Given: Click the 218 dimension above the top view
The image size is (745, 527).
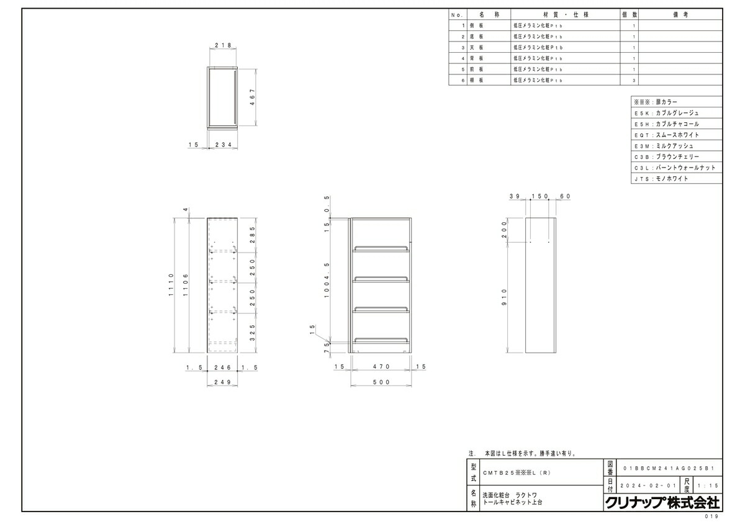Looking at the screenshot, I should tap(223, 45).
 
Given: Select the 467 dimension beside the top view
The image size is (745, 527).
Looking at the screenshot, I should tap(253, 97).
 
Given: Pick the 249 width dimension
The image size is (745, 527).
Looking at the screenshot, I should tap(223, 382).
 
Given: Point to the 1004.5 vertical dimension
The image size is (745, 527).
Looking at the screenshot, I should tap(327, 281).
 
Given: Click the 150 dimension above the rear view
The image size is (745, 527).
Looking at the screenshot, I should tap(540, 196).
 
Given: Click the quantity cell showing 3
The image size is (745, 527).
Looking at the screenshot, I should tap(634, 80).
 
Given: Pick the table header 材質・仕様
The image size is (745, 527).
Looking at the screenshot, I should tap(564, 14).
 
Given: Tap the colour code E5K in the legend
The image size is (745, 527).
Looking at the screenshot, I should tap(641, 113).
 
